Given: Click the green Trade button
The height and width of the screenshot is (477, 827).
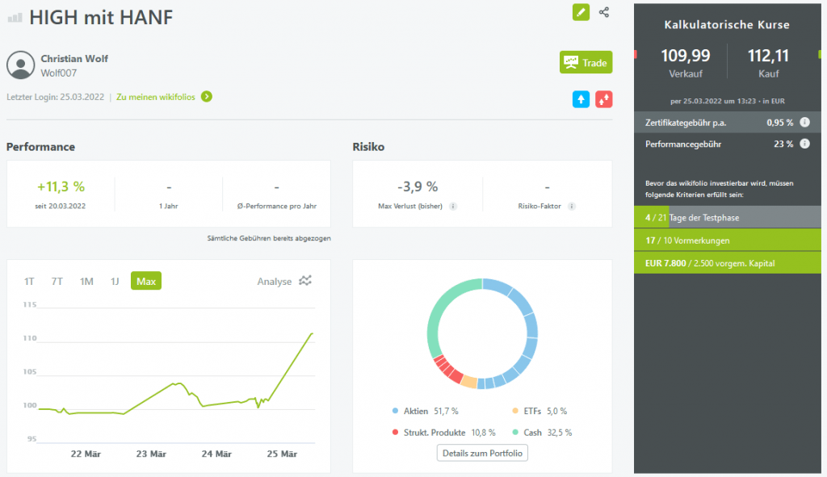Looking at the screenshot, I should pyautogui.click(x=586, y=62).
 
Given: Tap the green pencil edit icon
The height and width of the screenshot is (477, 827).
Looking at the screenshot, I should pyautogui.click(x=581, y=12).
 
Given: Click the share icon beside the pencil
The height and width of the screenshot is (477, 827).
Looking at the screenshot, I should pyautogui.click(x=604, y=12).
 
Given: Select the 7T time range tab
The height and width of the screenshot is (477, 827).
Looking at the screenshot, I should pyautogui.click(x=57, y=281).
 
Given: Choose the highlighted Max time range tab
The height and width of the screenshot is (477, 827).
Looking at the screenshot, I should pyautogui.click(x=146, y=281).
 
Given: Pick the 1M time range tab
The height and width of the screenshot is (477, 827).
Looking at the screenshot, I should pyautogui.click(x=86, y=281).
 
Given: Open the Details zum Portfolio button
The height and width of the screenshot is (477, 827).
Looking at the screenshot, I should pyautogui.click(x=482, y=453).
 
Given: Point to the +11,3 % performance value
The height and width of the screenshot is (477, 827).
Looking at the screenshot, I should pyautogui.click(x=61, y=186).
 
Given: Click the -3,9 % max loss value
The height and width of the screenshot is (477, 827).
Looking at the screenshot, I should pyautogui.click(x=418, y=186).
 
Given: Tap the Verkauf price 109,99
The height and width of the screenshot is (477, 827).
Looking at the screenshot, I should pyautogui.click(x=685, y=56).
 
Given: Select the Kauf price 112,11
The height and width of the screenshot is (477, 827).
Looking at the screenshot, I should pyautogui.click(x=769, y=56).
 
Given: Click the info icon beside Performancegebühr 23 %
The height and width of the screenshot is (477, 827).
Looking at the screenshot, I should pyautogui.click(x=804, y=144).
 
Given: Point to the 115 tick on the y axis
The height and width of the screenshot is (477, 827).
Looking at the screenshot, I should pyautogui.click(x=30, y=304).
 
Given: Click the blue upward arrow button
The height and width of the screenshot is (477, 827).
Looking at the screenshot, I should pyautogui.click(x=581, y=99).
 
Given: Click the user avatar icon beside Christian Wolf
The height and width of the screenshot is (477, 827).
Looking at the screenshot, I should pyautogui.click(x=20, y=65).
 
